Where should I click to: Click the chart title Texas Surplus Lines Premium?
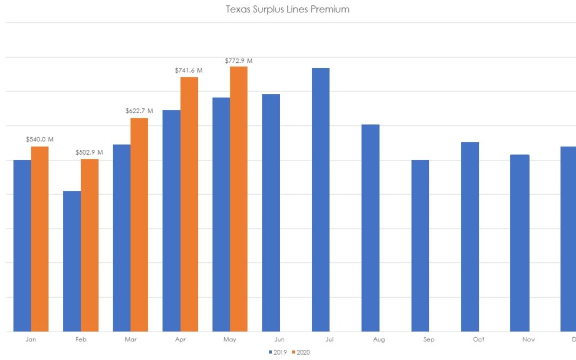[287, 10]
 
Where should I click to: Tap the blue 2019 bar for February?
[72, 261]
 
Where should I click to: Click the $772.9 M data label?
[238, 61]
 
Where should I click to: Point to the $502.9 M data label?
[90, 153]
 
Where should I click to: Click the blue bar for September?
[420, 245]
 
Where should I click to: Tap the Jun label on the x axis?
[279, 339]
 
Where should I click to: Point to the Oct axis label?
[478, 339]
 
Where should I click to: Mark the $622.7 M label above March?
[139, 111]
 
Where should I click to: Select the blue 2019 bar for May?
[221, 214]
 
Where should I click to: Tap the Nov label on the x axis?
[528, 339]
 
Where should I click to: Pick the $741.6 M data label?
[189, 70]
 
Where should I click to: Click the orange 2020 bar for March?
[139, 225]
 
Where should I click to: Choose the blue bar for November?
[519, 243]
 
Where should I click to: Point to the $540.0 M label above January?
[39, 139]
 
